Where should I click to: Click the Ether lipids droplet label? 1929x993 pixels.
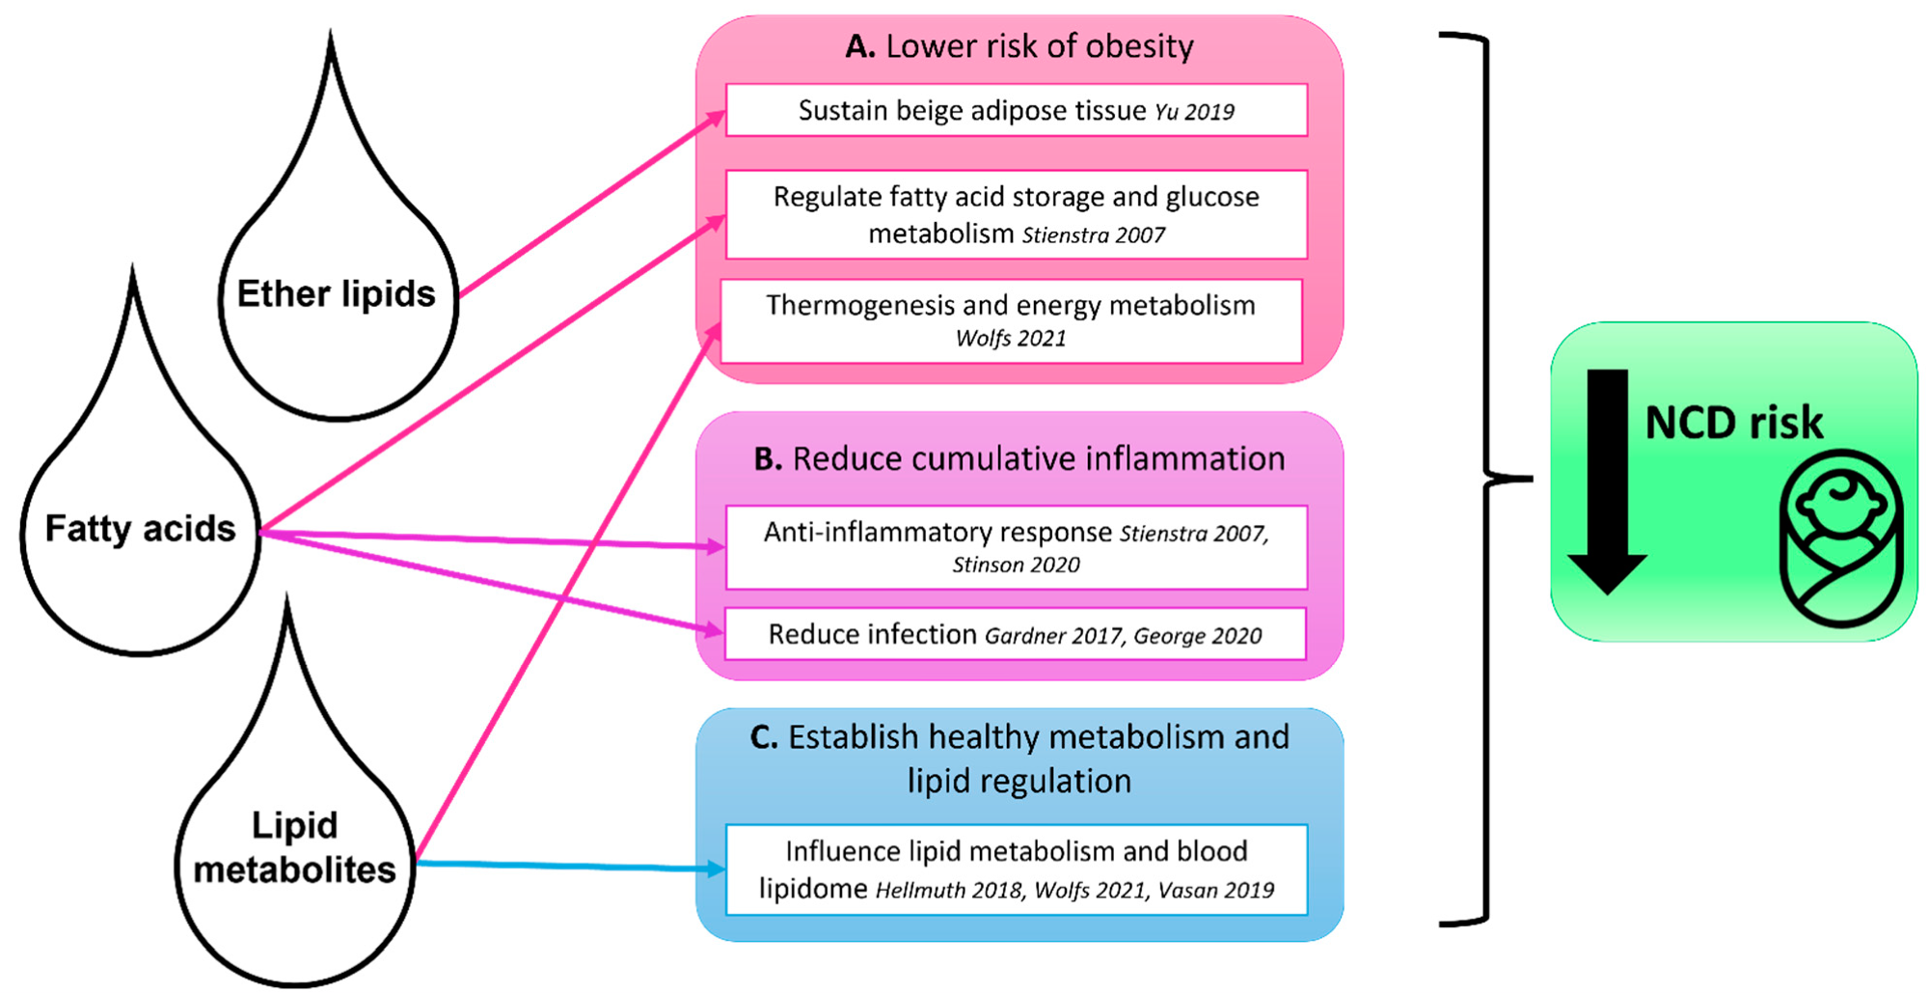336,293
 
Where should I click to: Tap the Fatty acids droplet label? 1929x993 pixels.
141,528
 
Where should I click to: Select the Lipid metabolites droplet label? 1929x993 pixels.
294,847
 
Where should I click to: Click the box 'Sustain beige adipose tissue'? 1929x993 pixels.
1016,110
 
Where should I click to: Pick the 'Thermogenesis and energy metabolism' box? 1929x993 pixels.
1011,320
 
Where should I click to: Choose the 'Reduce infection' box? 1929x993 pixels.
1015,634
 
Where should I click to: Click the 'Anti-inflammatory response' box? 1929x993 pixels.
1016,547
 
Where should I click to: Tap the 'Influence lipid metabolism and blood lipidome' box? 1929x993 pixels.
1016,869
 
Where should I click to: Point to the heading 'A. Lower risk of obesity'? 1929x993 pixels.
1019,46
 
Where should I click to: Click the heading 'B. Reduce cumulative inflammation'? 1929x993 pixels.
1019,458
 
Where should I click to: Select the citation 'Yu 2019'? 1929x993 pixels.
1194,112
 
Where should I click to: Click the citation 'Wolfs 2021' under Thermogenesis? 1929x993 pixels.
1011,339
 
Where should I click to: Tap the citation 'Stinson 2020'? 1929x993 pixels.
1016,565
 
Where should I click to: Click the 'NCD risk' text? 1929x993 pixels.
1733,423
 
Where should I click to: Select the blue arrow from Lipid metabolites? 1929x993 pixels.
569,866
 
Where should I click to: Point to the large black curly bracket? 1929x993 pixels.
1485,478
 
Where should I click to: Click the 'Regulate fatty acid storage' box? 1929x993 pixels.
1016,214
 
